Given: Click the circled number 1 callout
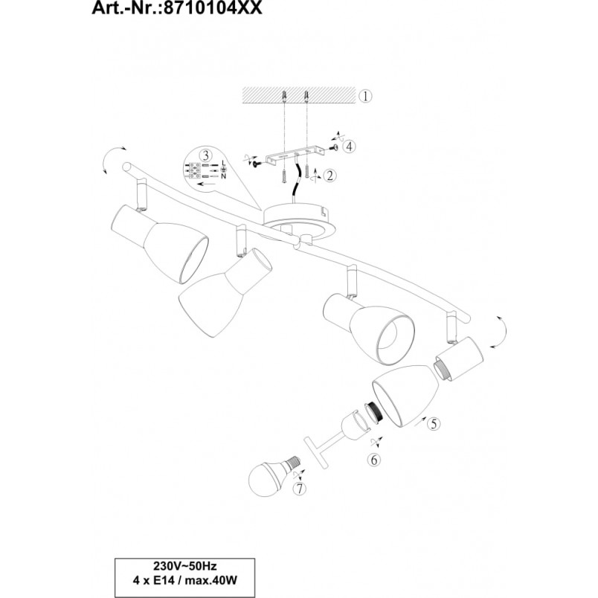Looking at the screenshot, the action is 365,96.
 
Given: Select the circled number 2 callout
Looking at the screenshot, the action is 329,176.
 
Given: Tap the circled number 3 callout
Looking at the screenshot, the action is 206,155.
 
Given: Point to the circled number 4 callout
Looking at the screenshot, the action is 349,146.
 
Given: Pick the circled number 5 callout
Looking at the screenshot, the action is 433,424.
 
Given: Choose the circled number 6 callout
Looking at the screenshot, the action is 373,460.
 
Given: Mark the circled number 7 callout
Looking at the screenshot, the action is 300,489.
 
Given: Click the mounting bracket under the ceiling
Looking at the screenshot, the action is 295,156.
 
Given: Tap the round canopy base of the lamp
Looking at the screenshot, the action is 300,221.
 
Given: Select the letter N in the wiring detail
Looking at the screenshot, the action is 223,176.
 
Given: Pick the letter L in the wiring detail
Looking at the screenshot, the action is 223,163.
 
